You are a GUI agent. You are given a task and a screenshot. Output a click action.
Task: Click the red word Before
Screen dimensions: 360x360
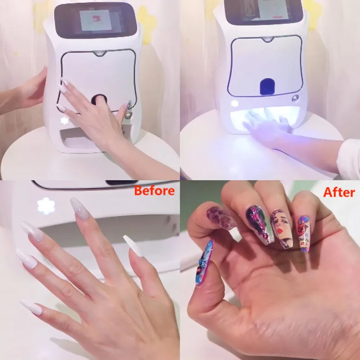tap(154, 190)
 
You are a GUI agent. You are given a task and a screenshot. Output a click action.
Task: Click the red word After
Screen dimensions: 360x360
tap(339, 192)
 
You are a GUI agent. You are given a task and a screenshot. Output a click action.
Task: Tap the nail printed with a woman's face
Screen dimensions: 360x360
tap(282, 228)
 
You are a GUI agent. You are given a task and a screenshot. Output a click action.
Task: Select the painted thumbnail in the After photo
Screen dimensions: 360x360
tap(205, 262)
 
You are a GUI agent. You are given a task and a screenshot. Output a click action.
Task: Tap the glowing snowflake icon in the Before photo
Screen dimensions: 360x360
tap(46, 206)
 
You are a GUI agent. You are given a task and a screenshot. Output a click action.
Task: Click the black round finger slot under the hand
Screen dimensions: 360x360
tap(99, 99)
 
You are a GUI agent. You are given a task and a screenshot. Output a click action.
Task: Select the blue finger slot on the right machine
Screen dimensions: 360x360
tap(267, 86)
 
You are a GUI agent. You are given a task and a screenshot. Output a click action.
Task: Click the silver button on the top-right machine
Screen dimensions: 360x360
tap(296, 98)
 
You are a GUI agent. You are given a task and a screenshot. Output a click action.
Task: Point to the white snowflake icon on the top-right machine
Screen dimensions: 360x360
tap(234, 103)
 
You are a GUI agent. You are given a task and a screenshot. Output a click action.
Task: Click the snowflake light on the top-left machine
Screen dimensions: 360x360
tap(64, 121)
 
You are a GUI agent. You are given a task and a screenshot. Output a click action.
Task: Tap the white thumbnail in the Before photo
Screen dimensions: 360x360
tap(133, 246)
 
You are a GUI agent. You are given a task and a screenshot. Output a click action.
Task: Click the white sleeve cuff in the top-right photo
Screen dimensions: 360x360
tap(349, 158)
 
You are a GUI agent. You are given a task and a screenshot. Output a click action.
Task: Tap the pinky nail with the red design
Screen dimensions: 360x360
tap(304, 234)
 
